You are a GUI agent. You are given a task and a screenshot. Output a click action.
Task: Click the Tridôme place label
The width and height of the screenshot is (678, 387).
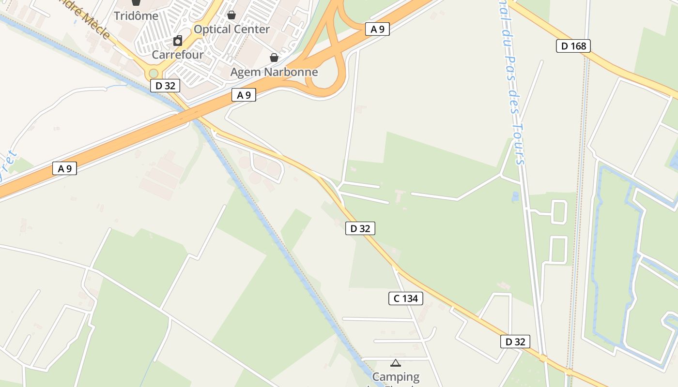[136, 16]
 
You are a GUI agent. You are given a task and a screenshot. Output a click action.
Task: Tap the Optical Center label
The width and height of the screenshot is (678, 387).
[231, 29]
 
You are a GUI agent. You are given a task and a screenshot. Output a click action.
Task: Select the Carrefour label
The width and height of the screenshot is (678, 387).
[178, 54]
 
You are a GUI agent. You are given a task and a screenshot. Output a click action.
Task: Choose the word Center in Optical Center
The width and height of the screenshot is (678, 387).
[252, 29]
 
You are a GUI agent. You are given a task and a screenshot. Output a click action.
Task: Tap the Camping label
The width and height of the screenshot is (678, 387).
[396, 376]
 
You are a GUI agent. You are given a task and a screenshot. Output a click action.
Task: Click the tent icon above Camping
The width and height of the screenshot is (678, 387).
[396, 363]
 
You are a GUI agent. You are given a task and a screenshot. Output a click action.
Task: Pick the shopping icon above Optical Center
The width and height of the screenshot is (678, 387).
[231, 15]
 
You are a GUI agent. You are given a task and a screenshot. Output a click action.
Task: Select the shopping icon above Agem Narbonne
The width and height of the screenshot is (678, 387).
[274, 58]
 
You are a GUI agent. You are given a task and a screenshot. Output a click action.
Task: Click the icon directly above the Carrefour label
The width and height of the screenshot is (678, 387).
[178, 41]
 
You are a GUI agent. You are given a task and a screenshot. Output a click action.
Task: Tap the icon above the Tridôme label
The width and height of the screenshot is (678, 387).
[136, 2]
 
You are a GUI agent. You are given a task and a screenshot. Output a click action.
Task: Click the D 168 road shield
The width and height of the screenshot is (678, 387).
[573, 46]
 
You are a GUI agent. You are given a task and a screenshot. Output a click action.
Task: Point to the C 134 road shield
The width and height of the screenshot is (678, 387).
[405, 298]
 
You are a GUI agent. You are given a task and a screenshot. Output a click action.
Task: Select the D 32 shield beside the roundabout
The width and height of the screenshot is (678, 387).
[165, 86]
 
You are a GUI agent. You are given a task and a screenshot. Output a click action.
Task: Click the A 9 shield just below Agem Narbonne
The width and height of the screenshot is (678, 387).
[244, 95]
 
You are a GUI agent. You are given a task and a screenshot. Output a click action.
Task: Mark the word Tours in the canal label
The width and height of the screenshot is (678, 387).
[518, 146]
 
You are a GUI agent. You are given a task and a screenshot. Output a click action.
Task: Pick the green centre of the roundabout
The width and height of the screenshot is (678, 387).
[154, 74]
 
